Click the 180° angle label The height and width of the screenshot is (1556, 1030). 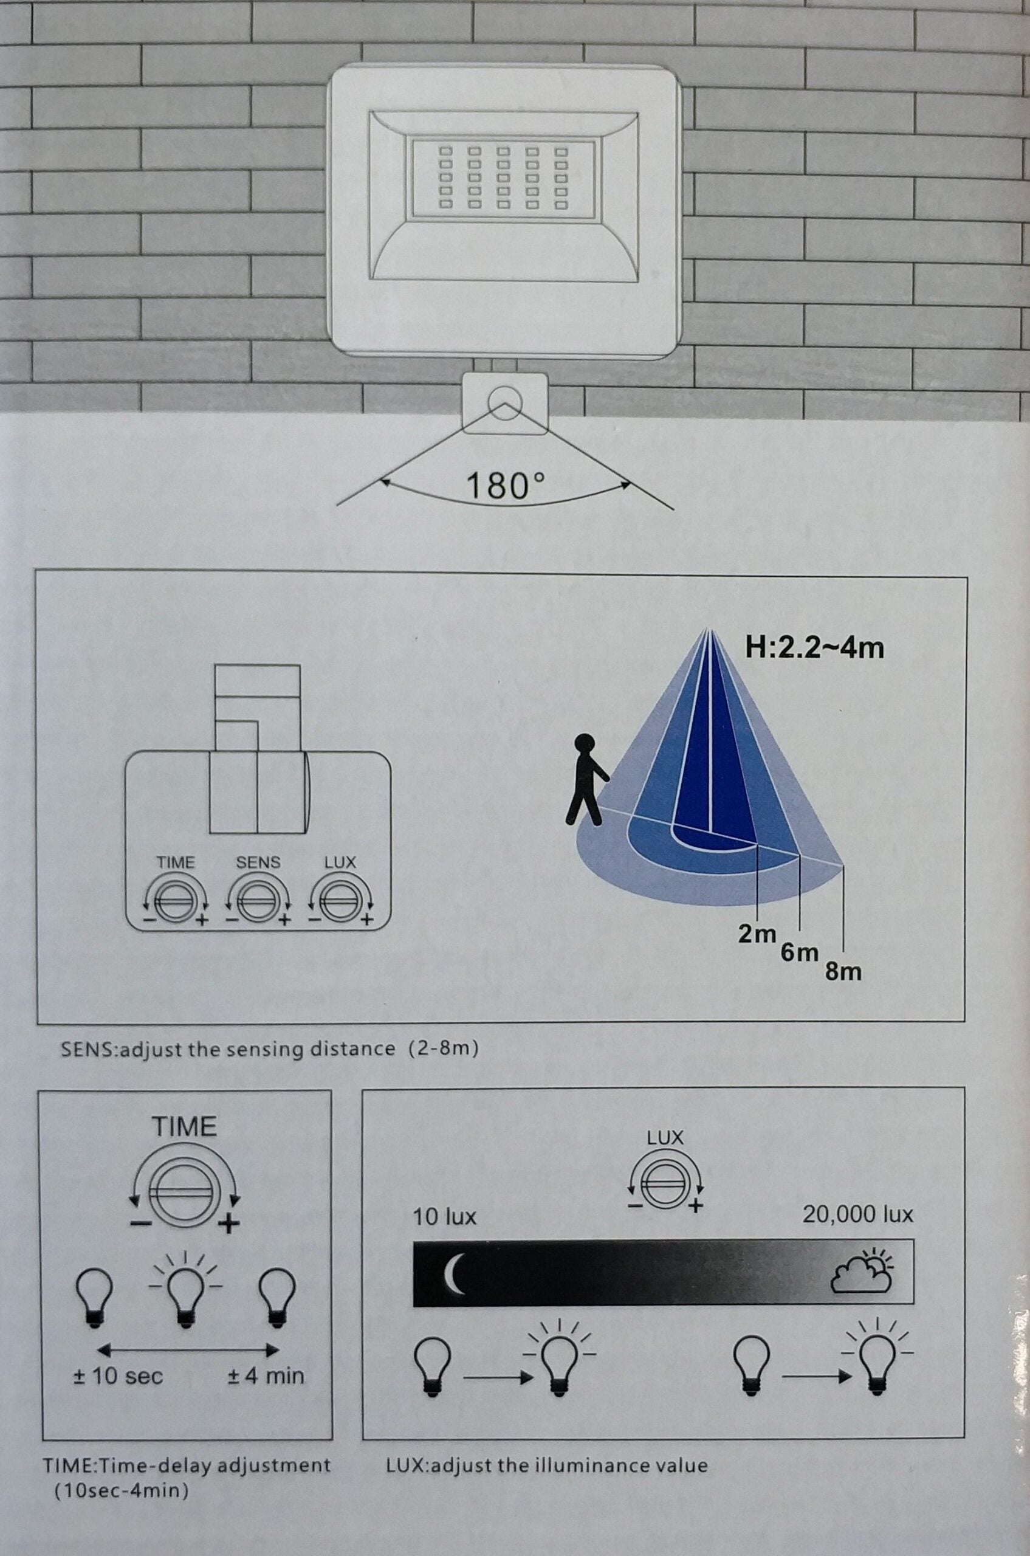(x=504, y=486)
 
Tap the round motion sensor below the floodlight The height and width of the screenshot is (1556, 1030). (x=504, y=400)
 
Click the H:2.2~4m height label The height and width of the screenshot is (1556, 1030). (x=814, y=648)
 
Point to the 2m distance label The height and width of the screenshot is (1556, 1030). (x=757, y=933)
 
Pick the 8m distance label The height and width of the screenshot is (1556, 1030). (x=843, y=971)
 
